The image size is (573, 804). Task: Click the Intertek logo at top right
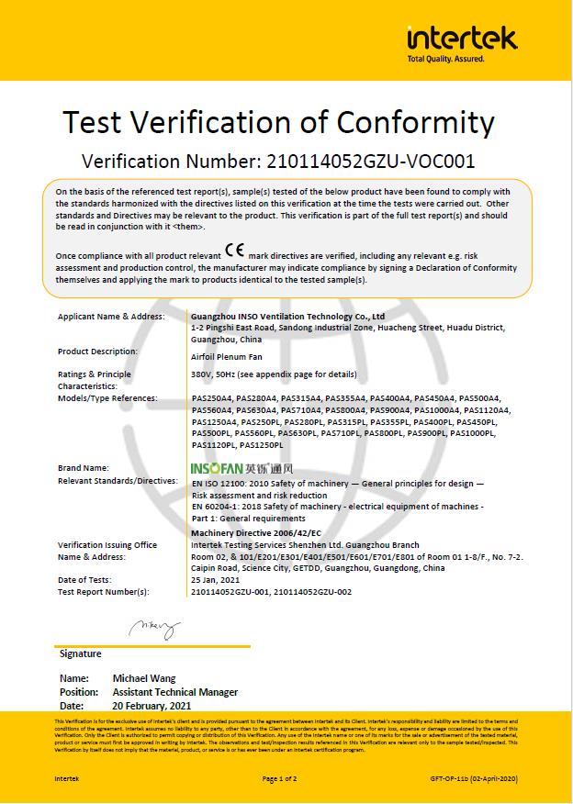[x=462, y=40]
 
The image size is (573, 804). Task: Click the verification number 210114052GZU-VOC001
[x=370, y=162]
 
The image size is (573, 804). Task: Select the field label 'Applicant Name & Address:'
[x=111, y=317]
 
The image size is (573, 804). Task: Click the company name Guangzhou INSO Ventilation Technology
[x=287, y=317]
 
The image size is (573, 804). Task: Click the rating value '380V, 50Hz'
[x=215, y=374]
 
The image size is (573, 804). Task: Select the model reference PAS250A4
[x=212, y=398]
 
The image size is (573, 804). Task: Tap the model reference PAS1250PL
[x=262, y=445]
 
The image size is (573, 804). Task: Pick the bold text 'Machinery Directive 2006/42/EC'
[x=256, y=533]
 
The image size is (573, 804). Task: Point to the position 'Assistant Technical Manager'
[x=174, y=692]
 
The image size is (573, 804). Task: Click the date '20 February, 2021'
[x=152, y=706]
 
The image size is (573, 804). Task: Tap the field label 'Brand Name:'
[x=84, y=468]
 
